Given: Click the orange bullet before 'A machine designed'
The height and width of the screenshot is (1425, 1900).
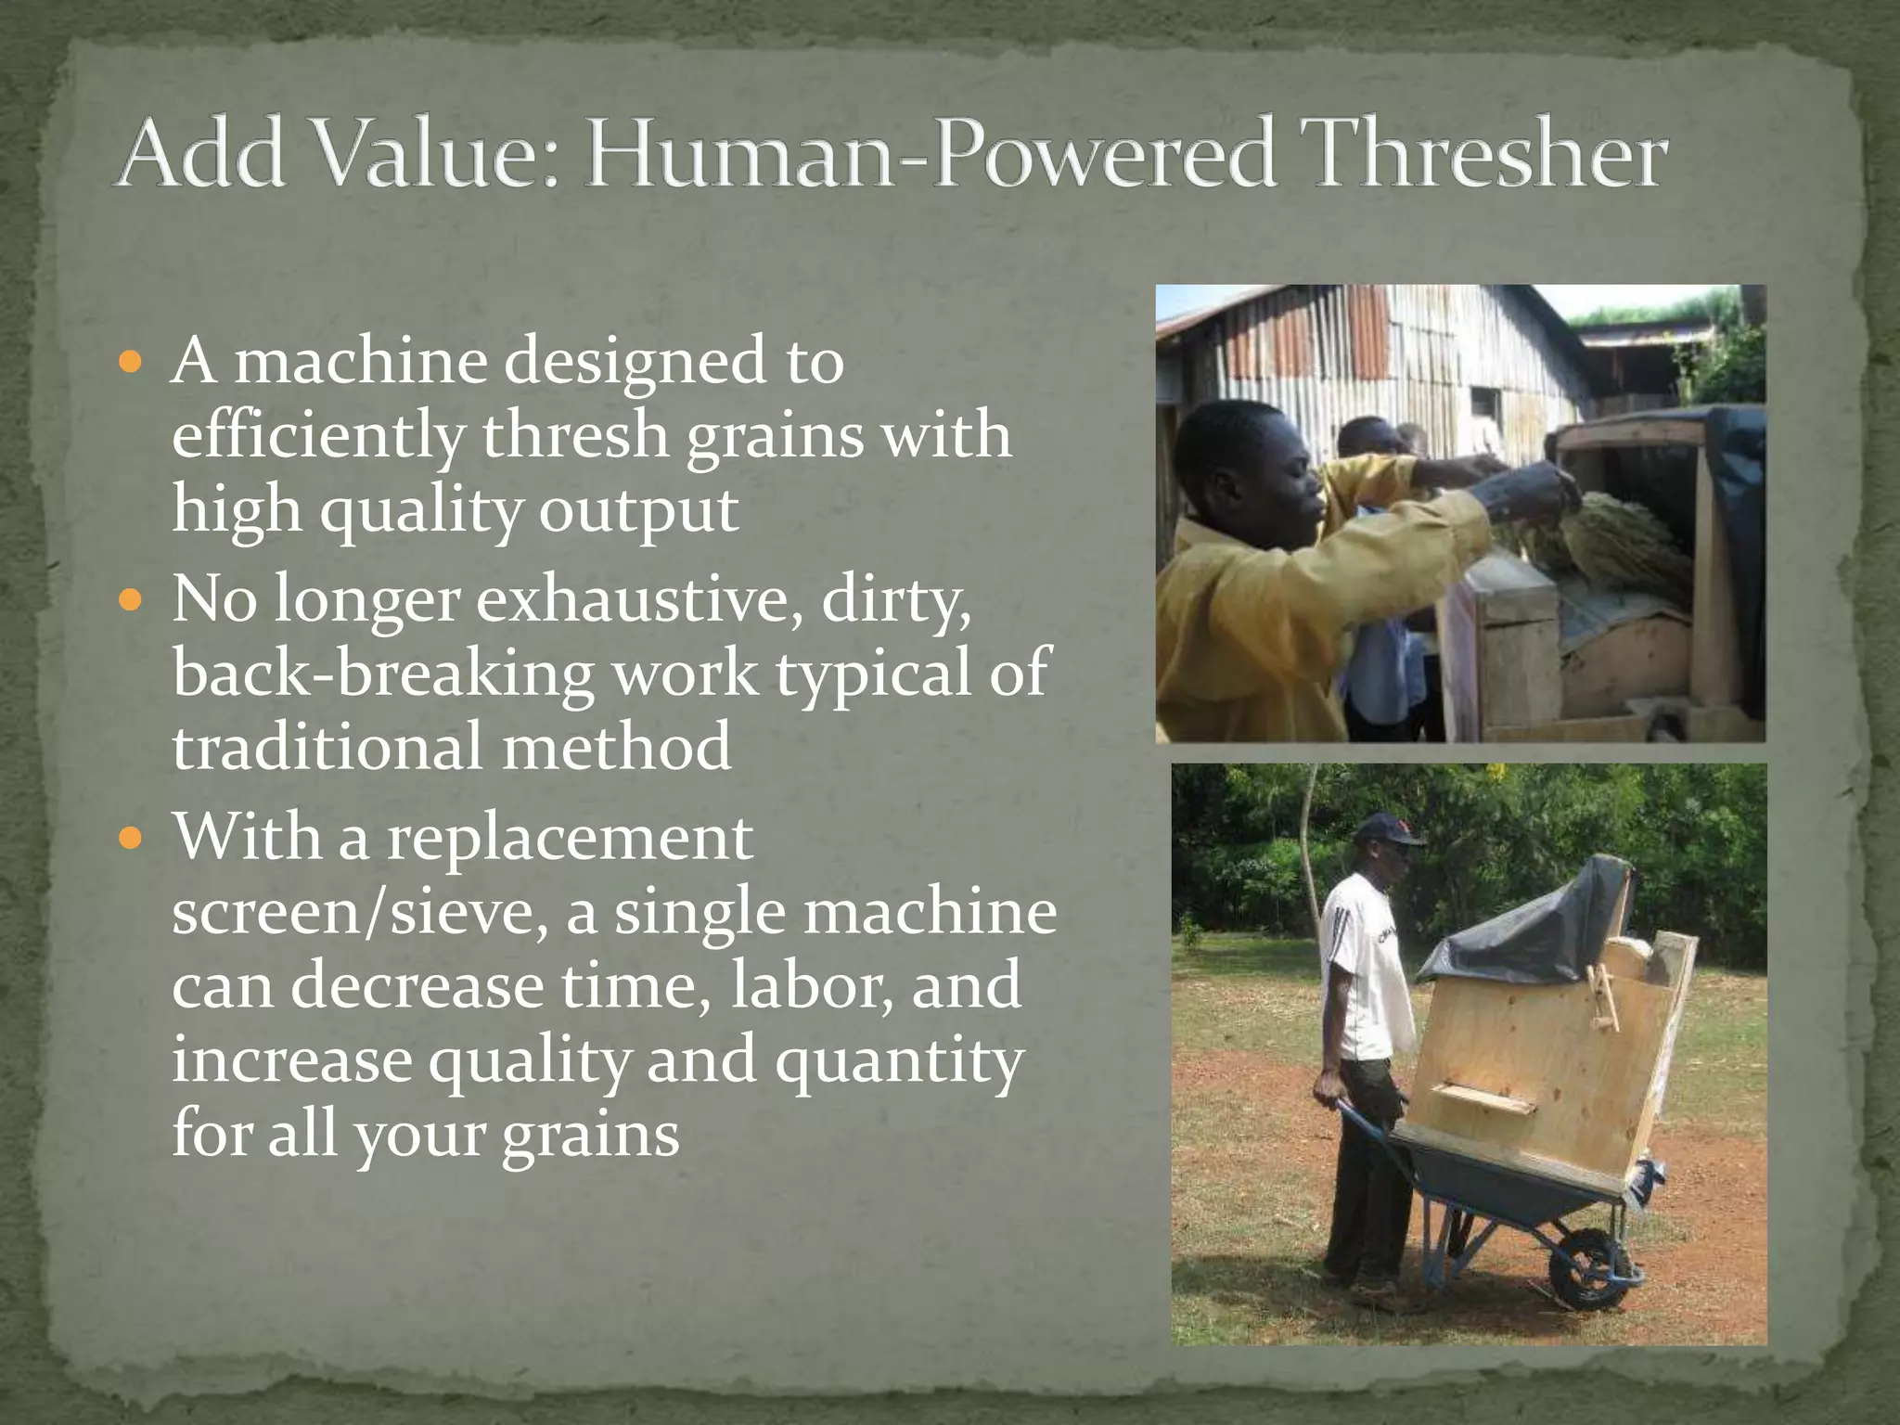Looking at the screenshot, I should coord(132,362).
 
